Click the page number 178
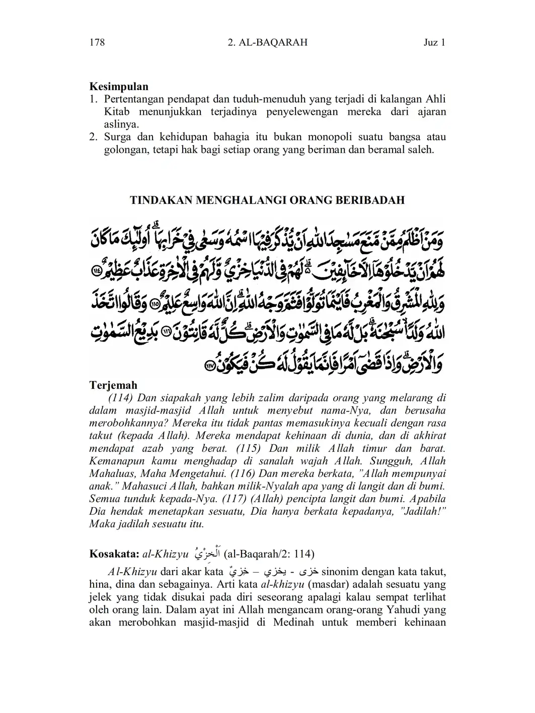pyautogui.click(x=97, y=43)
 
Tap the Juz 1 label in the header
pyautogui.click(x=434, y=43)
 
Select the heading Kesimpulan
pyautogui.click(x=119, y=87)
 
